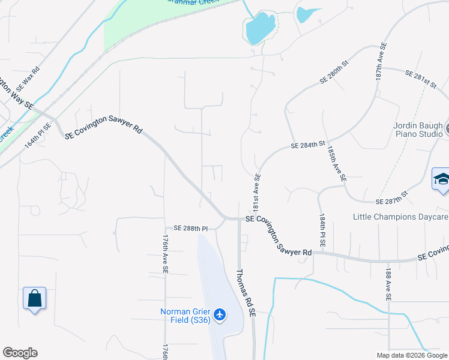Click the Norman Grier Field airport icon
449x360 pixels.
click(x=220, y=314)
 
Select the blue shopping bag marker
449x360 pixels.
click(x=34, y=298)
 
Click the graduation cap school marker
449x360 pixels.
click(x=441, y=180)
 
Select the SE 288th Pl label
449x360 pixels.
click(x=190, y=229)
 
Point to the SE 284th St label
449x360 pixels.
click(x=307, y=145)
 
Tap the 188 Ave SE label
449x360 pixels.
click(x=389, y=284)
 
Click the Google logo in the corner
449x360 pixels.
click(x=20, y=353)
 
